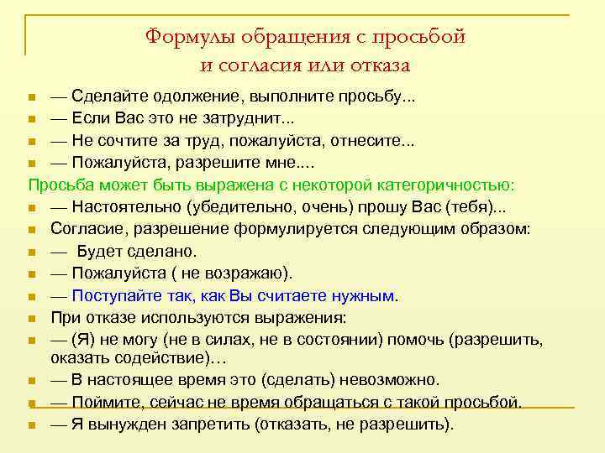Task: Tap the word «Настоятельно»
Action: pos(123,206)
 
